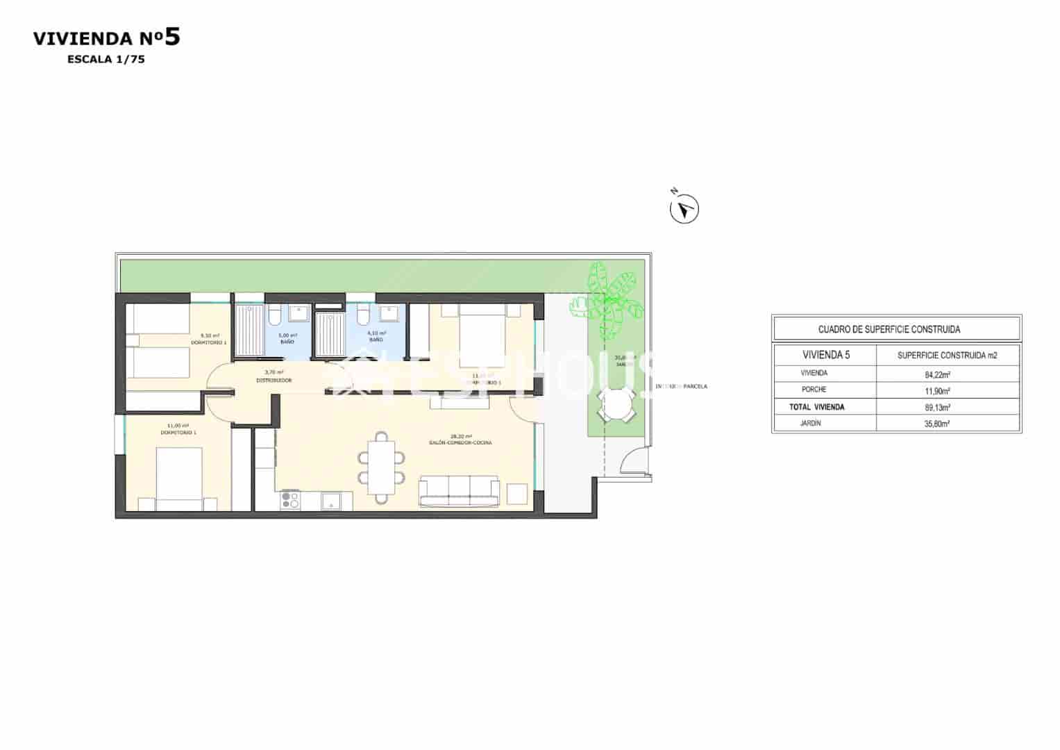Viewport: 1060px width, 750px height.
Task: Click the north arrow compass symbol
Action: click(684, 209)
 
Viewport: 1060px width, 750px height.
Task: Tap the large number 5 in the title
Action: click(172, 37)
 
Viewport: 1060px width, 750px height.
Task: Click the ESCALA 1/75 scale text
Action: click(106, 60)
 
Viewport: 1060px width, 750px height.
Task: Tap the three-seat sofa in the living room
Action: click(459, 491)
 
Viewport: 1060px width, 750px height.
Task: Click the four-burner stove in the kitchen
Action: click(289, 500)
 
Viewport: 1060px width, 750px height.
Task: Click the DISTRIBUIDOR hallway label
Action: click(274, 381)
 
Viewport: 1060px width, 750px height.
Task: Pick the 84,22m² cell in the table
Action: click(938, 374)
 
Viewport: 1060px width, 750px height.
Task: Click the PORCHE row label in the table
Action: click(814, 390)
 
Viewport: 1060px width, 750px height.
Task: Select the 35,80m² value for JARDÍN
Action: click(938, 424)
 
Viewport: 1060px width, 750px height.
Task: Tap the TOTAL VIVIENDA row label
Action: click(816, 407)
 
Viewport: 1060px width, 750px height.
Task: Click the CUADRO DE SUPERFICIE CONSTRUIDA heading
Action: click(889, 329)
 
